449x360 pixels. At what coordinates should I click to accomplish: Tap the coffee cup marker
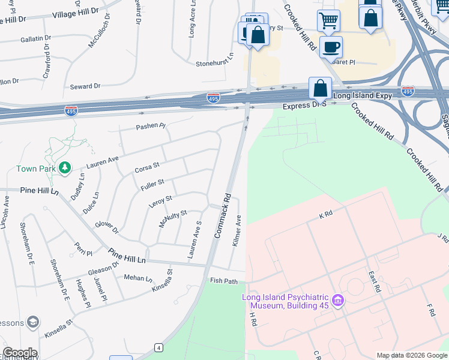point(331,46)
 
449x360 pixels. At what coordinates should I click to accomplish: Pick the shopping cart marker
point(328,21)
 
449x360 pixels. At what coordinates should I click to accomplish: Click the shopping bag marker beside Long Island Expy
point(321,88)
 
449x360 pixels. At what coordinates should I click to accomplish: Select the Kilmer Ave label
point(238,230)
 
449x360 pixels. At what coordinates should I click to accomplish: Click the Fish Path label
point(224,281)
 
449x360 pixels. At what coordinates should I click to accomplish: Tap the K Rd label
point(326,214)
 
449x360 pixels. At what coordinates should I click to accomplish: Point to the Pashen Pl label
point(150,126)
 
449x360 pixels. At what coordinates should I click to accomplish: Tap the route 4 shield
point(158,347)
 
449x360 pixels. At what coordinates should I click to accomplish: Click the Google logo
point(19,353)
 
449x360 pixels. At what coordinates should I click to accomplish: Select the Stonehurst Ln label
point(214,63)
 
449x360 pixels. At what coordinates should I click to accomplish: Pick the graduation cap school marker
point(33,323)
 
